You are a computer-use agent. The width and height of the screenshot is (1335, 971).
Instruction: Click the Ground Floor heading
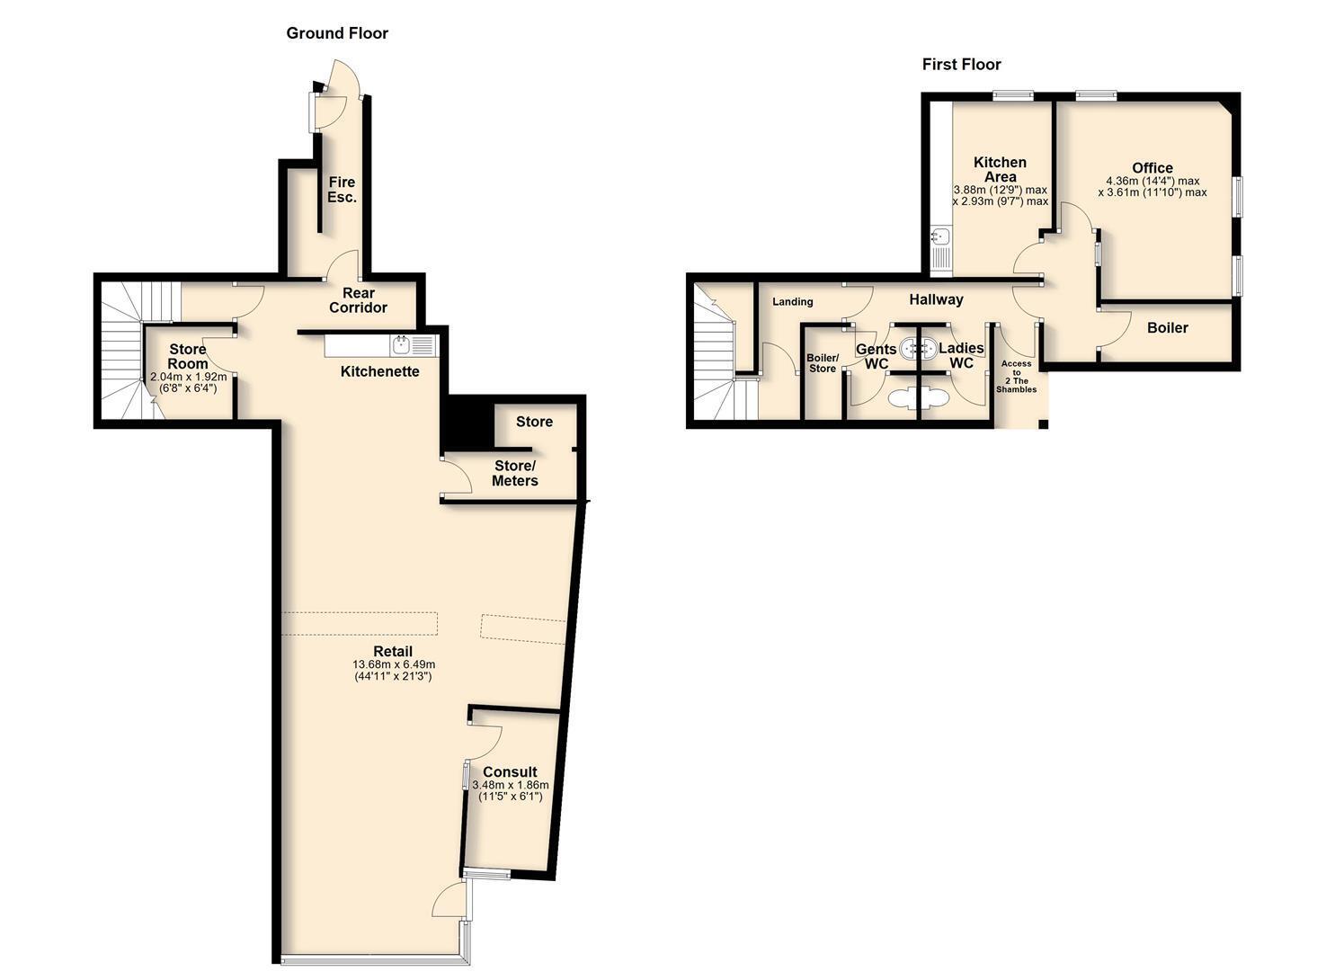click(x=337, y=33)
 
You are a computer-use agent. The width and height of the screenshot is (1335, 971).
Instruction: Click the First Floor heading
click(x=961, y=65)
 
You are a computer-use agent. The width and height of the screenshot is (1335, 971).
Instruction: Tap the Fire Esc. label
click(x=343, y=190)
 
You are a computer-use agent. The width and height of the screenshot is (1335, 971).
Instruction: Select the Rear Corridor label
click(x=358, y=300)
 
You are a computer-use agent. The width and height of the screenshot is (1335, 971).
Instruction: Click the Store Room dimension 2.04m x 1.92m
click(x=188, y=377)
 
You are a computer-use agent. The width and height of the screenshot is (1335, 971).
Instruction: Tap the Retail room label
click(x=393, y=652)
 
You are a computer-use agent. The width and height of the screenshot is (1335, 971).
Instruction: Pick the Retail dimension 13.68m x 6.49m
click(x=394, y=664)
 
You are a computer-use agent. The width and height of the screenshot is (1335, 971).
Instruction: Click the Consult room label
click(x=510, y=772)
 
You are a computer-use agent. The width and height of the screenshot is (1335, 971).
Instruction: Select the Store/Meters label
click(x=515, y=473)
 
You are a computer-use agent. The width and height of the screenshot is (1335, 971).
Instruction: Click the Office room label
click(x=1153, y=168)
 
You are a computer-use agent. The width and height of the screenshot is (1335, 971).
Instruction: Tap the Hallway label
click(x=936, y=299)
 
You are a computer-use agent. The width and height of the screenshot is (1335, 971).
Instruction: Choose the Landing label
click(x=793, y=301)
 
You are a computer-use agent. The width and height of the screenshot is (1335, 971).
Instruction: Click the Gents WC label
click(x=877, y=356)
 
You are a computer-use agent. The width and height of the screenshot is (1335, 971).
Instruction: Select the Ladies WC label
click(x=961, y=355)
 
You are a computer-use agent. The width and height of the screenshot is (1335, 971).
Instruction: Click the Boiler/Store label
click(x=823, y=363)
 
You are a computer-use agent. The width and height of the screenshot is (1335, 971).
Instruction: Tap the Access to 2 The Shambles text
click(x=1016, y=376)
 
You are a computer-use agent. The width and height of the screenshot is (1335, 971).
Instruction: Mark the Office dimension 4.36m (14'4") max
click(x=1153, y=181)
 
